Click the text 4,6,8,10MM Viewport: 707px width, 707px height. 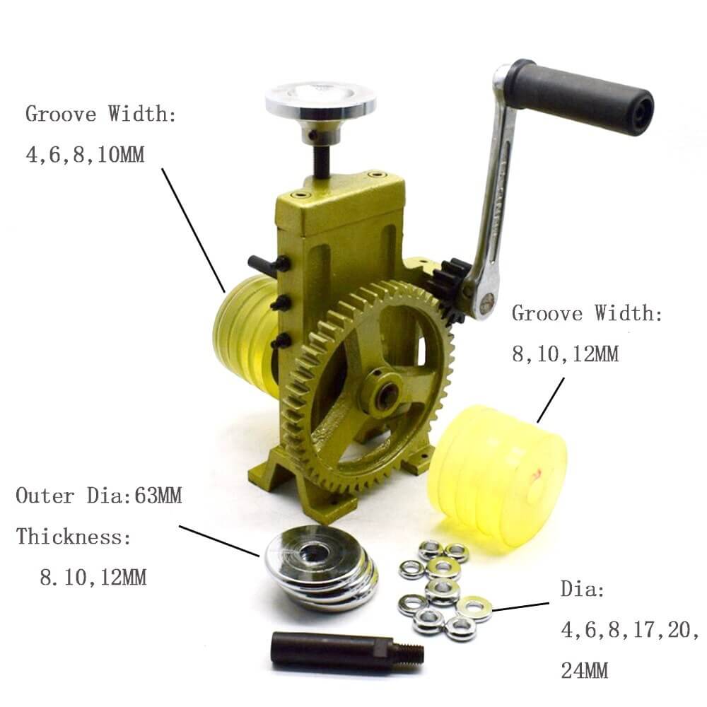(x=86, y=155)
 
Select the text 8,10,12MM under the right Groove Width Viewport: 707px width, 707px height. (x=566, y=354)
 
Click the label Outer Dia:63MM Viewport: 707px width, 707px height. (x=99, y=496)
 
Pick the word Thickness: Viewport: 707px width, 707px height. (x=74, y=537)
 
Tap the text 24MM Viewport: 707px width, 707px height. (x=585, y=670)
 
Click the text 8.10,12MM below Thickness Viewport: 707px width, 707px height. (x=93, y=578)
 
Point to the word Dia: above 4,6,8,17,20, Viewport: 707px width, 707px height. (x=583, y=590)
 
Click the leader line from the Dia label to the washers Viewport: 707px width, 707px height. (x=520, y=607)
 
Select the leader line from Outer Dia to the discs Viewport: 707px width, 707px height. (x=219, y=541)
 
